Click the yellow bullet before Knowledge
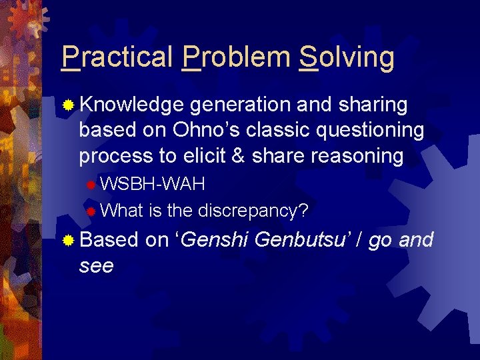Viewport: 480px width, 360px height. (68, 105)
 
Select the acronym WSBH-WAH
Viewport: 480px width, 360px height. (153, 183)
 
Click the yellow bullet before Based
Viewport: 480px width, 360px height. (68, 240)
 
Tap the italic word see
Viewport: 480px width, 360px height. (96, 265)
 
